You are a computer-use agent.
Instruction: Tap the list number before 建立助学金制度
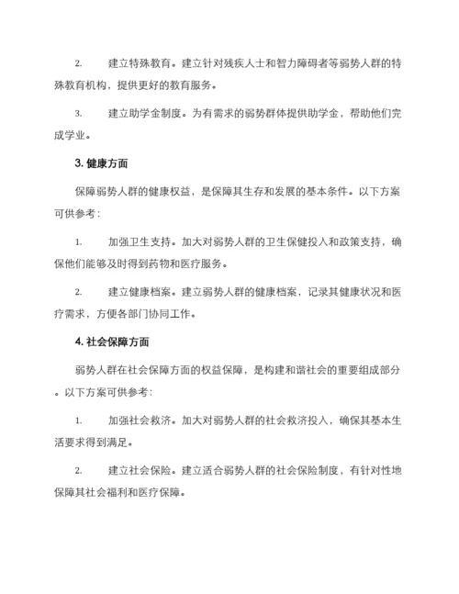[79, 115]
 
